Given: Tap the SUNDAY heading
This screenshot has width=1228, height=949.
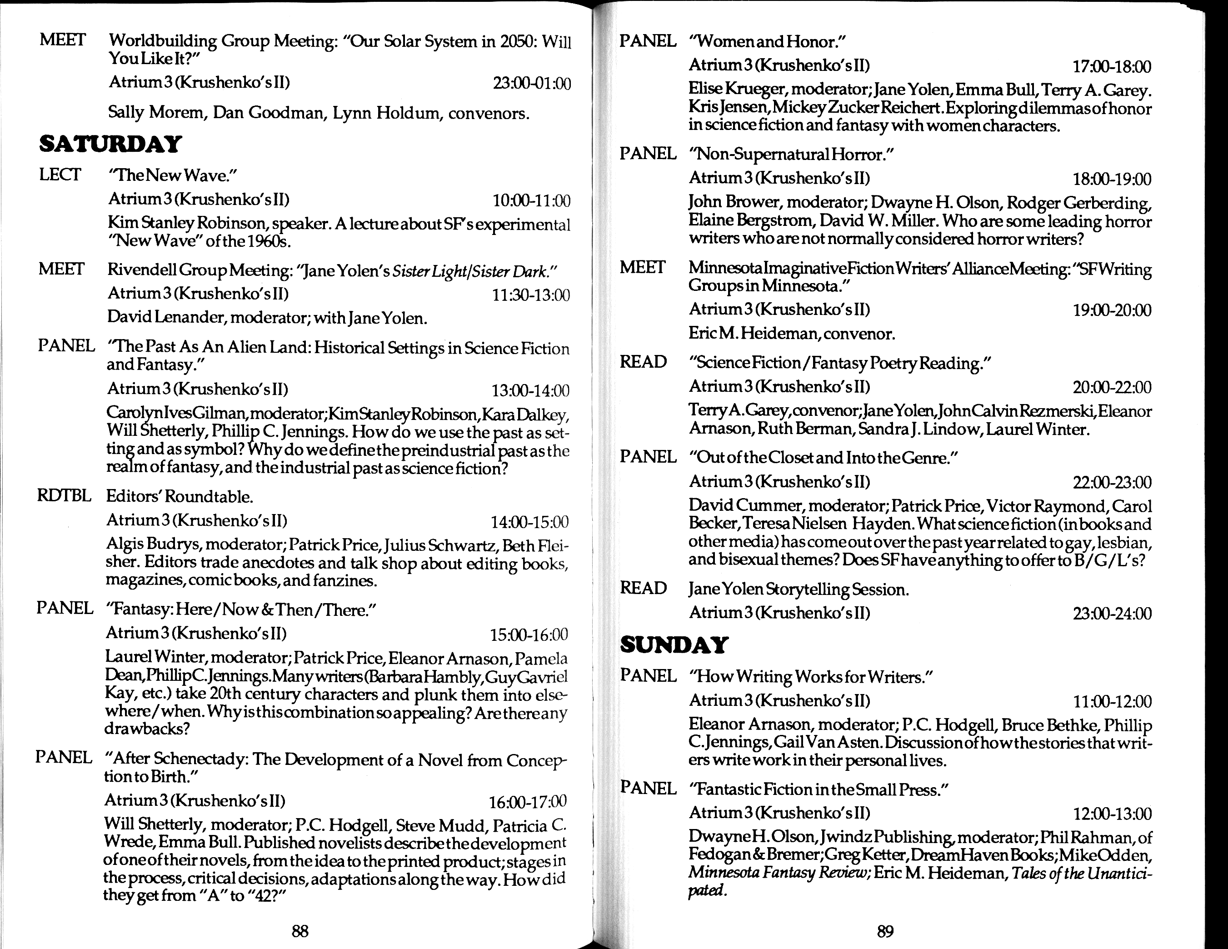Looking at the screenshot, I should [x=674, y=645].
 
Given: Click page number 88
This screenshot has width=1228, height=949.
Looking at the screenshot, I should [x=300, y=932].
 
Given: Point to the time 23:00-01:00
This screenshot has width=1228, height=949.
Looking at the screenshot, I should [x=531, y=84].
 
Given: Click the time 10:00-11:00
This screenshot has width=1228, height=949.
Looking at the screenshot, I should [x=531, y=201].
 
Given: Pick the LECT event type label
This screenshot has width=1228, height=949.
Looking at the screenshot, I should [x=60, y=175].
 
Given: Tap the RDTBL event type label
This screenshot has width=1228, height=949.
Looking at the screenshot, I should [x=64, y=496].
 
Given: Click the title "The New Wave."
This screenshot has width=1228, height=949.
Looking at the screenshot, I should [x=173, y=176].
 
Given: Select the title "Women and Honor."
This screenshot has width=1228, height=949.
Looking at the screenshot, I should [x=768, y=42].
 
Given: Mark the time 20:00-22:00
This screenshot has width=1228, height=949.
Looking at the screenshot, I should [x=1112, y=387].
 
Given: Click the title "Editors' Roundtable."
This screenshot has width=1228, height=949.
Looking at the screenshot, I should [x=180, y=497].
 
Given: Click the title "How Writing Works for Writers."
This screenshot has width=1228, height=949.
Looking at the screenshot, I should [x=811, y=677].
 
